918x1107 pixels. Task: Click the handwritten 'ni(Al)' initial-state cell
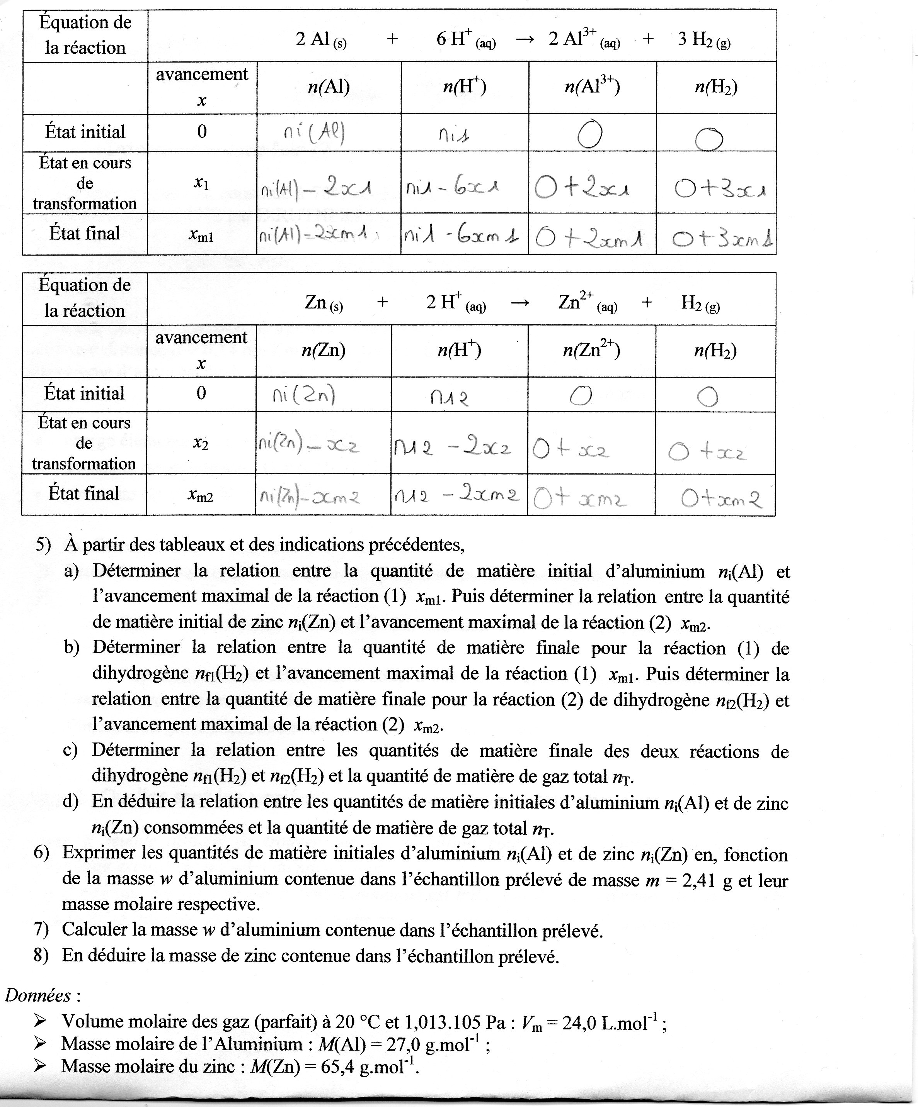click(315, 133)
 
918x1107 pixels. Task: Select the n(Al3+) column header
click(592, 86)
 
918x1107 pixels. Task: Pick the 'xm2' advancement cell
click(201, 495)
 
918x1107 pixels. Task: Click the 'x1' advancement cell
click(201, 183)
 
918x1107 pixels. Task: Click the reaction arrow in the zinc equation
click(520, 303)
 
